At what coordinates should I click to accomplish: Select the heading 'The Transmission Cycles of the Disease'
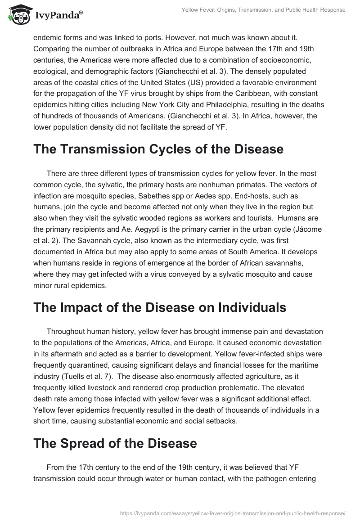pos(158,149)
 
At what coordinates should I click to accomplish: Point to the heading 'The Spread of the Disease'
pos(115,443)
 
